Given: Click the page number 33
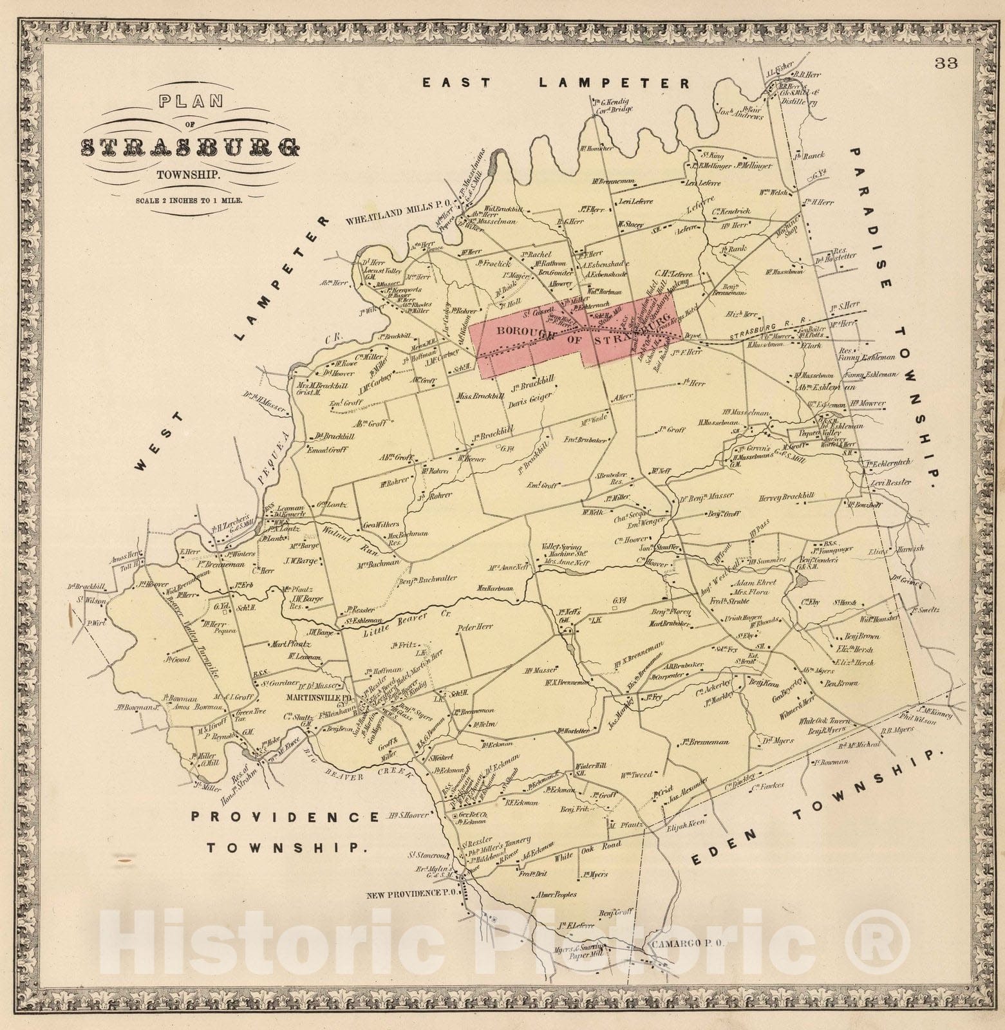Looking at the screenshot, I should (x=948, y=63).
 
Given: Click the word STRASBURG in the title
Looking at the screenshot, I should (x=190, y=149).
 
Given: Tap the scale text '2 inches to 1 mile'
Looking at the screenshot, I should (x=189, y=200).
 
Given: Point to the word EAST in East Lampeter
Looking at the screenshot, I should (x=456, y=82).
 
